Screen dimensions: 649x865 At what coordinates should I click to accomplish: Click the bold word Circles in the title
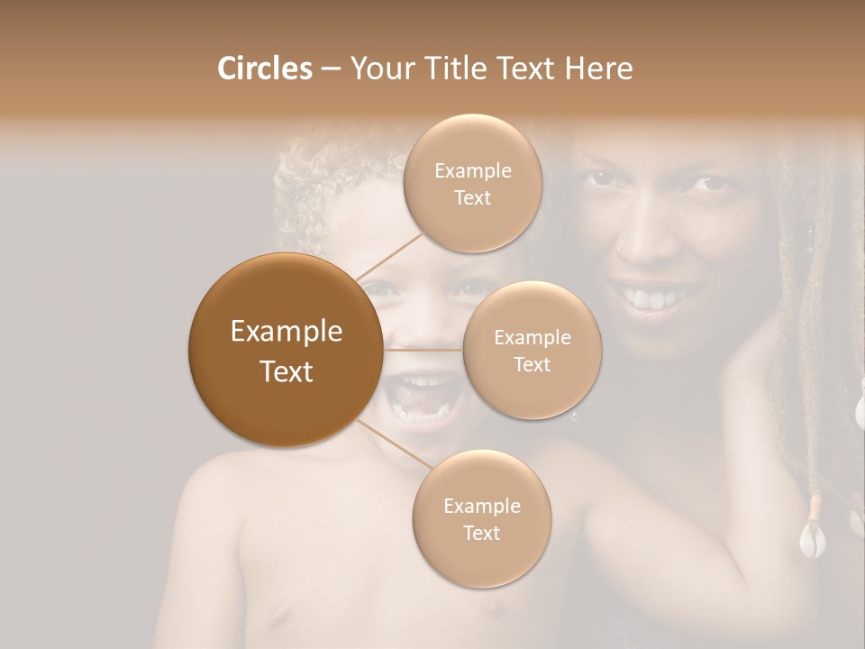(264, 69)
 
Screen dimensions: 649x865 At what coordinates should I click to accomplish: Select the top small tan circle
(472, 184)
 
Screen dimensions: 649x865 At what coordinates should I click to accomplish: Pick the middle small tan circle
(532, 351)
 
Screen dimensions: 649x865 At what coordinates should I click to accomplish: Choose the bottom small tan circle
(481, 519)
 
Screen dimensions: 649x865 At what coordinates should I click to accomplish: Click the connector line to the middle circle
(423, 350)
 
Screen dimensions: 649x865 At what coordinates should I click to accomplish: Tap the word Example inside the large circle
(287, 332)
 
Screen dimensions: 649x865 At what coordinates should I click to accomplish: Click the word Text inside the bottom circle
(481, 533)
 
